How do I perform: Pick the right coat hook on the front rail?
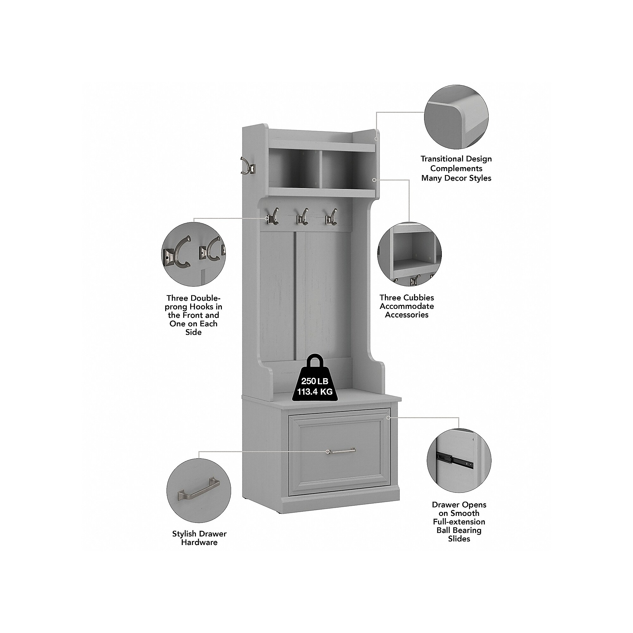(331, 216)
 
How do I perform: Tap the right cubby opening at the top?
(347, 170)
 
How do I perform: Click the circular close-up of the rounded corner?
(456, 117)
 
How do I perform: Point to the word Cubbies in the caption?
(420, 298)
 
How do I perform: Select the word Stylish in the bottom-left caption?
(186, 534)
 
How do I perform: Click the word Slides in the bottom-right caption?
(459, 539)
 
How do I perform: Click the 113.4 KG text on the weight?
(315, 392)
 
